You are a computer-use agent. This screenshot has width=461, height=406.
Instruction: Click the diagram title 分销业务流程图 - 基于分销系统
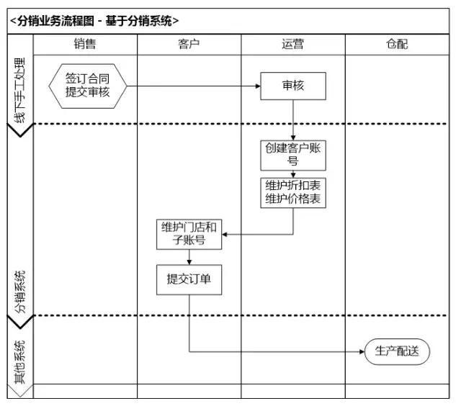(x=94, y=21)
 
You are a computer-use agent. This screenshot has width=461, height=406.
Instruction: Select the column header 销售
(x=85, y=45)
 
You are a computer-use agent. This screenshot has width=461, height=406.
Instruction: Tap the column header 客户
(x=189, y=45)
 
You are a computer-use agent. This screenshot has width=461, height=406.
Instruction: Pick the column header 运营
(x=292, y=45)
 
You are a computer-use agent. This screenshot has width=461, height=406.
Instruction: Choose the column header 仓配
(x=396, y=45)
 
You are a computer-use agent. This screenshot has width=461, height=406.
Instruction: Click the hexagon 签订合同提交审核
(x=88, y=86)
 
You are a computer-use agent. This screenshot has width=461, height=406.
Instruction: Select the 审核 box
(x=293, y=86)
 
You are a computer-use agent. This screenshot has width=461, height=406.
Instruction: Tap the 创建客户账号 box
(x=293, y=155)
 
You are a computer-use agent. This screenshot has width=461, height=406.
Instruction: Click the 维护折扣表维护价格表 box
(x=293, y=192)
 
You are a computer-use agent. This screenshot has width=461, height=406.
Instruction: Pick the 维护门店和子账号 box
(x=189, y=234)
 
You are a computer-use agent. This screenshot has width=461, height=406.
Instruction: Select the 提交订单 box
(x=189, y=280)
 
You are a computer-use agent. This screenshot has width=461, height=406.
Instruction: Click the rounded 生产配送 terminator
(x=397, y=352)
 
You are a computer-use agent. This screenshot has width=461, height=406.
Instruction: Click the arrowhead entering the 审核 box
(x=257, y=86)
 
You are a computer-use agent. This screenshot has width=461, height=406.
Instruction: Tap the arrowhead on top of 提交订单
(x=189, y=262)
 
